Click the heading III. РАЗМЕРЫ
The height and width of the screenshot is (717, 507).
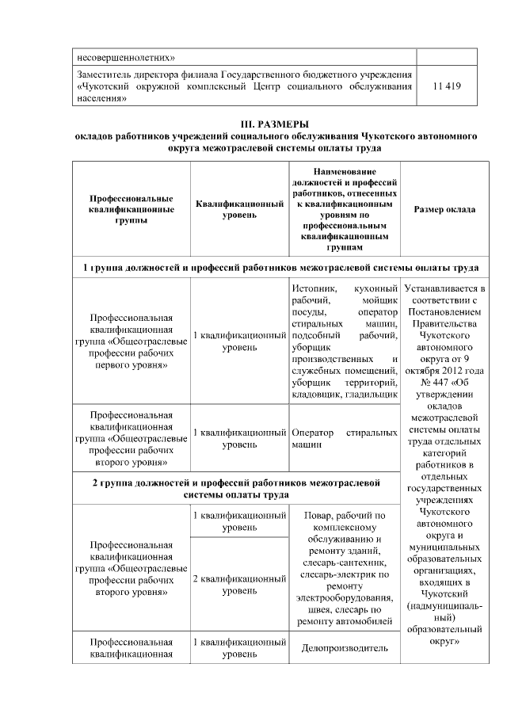point(274,124)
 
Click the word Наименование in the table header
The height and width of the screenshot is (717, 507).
point(344,172)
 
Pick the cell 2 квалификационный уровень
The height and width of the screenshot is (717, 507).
point(239,585)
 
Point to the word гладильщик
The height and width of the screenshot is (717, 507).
point(370,393)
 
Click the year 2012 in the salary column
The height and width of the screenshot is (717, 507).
point(452,371)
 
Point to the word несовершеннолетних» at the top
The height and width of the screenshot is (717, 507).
point(124,56)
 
